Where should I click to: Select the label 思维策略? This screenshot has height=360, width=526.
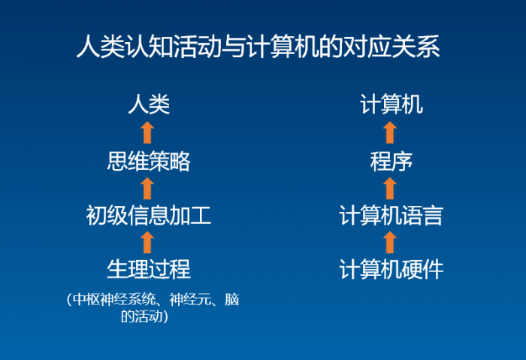coord(148,161)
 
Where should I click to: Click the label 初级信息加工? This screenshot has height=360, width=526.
coord(148,216)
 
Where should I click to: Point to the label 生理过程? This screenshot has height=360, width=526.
coord(148,268)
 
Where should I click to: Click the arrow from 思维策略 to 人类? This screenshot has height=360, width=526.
coord(147,132)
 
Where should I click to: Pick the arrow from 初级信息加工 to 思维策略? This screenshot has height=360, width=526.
coord(147,189)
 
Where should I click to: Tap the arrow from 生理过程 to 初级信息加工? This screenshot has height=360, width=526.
coord(147,242)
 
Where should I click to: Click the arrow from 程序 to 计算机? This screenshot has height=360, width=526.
coord(389,132)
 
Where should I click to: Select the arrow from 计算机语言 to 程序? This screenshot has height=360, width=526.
coord(389,189)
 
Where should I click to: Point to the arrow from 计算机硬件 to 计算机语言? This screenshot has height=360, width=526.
coord(389,242)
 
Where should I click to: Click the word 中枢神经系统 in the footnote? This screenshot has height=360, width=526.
coord(110,301)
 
